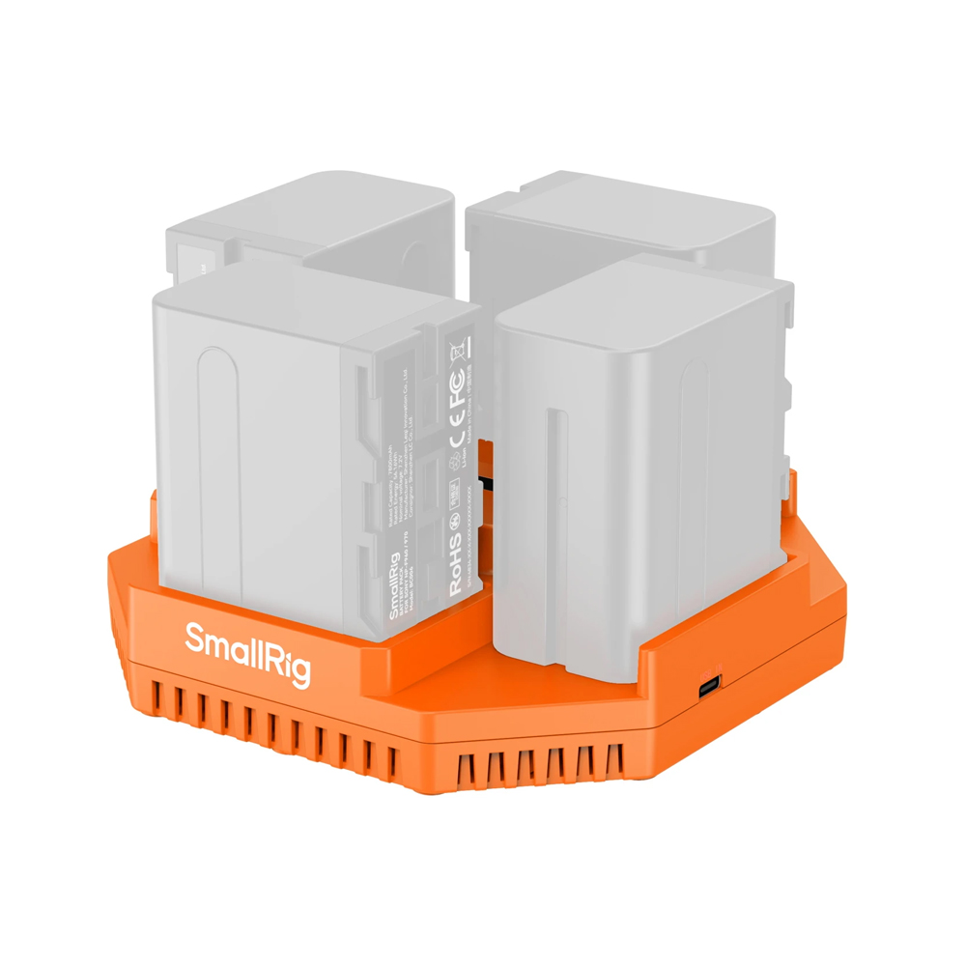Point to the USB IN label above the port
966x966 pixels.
pos(710,668)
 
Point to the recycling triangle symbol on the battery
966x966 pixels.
pos(457,470)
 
